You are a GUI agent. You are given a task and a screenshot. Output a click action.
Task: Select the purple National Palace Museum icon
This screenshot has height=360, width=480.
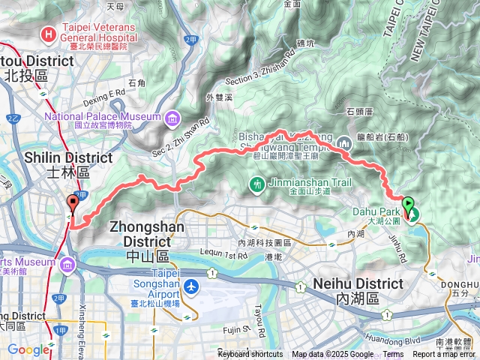point(173,117)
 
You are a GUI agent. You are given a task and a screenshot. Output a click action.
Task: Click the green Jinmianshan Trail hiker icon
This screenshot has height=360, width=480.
point(256,184)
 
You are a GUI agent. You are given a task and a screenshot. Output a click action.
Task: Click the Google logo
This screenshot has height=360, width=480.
point(28,349)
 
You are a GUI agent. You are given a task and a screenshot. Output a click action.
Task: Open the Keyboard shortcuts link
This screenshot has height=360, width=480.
point(250,355)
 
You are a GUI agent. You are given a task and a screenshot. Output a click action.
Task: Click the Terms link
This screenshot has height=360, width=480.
point(393,355)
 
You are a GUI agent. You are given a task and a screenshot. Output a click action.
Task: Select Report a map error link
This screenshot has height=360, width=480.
point(445,355)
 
